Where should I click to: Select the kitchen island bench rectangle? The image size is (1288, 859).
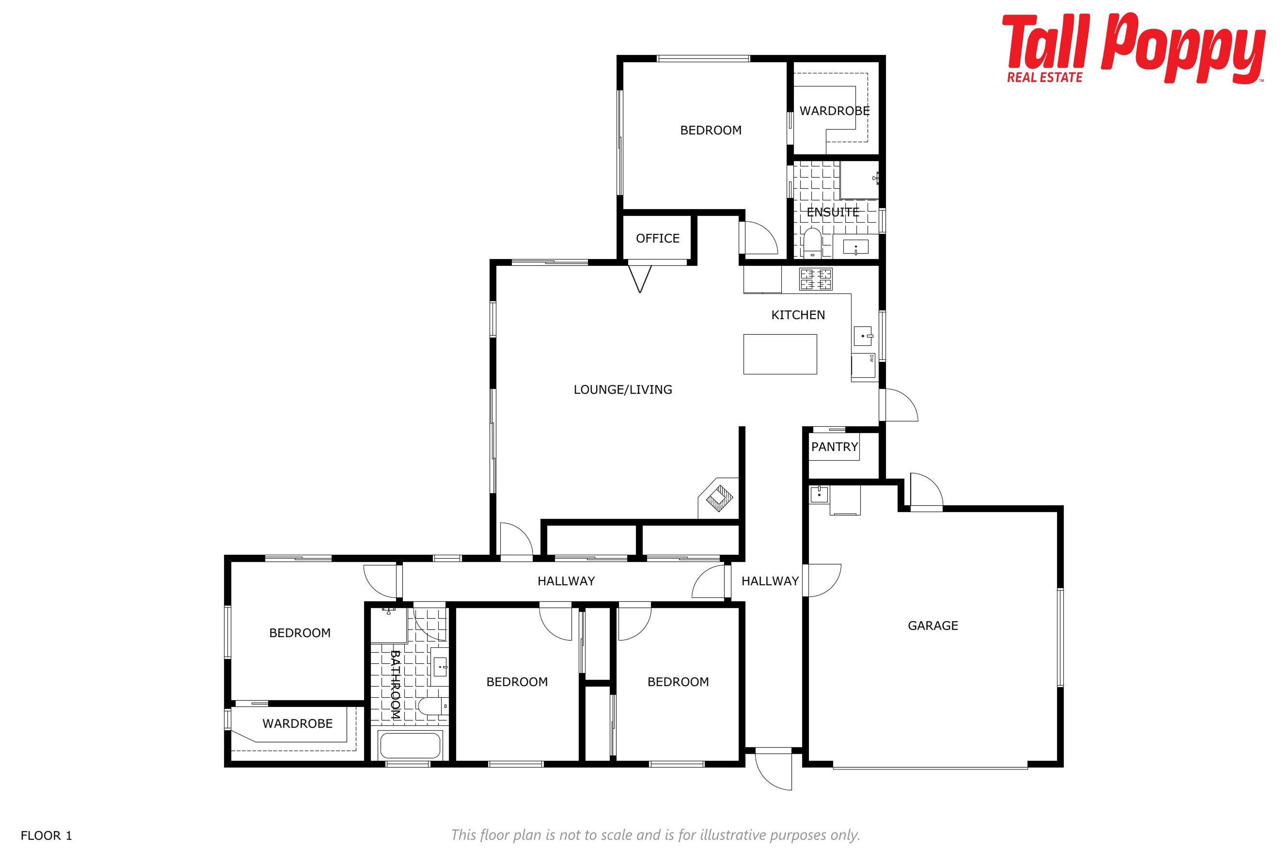780,354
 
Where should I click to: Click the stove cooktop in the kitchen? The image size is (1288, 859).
815,279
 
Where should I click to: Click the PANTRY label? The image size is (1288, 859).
834,447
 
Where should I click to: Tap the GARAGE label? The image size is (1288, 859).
932,625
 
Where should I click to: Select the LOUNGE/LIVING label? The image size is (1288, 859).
623,390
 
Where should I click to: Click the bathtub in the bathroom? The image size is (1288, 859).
410,745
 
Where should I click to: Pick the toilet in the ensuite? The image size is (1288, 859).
812,243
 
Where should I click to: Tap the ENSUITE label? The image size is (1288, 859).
833,212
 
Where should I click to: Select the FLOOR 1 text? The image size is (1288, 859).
46,836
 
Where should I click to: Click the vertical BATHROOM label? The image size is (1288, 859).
395,685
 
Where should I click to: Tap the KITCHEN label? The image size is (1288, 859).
798,315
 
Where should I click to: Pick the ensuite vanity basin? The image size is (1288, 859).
855,248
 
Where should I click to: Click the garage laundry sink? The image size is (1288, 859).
819,494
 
